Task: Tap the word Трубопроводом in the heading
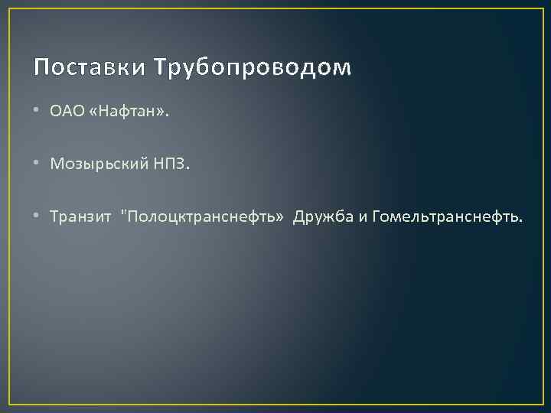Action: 253,69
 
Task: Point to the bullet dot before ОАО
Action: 37,112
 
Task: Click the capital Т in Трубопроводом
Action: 160,69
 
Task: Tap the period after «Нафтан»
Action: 168,115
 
